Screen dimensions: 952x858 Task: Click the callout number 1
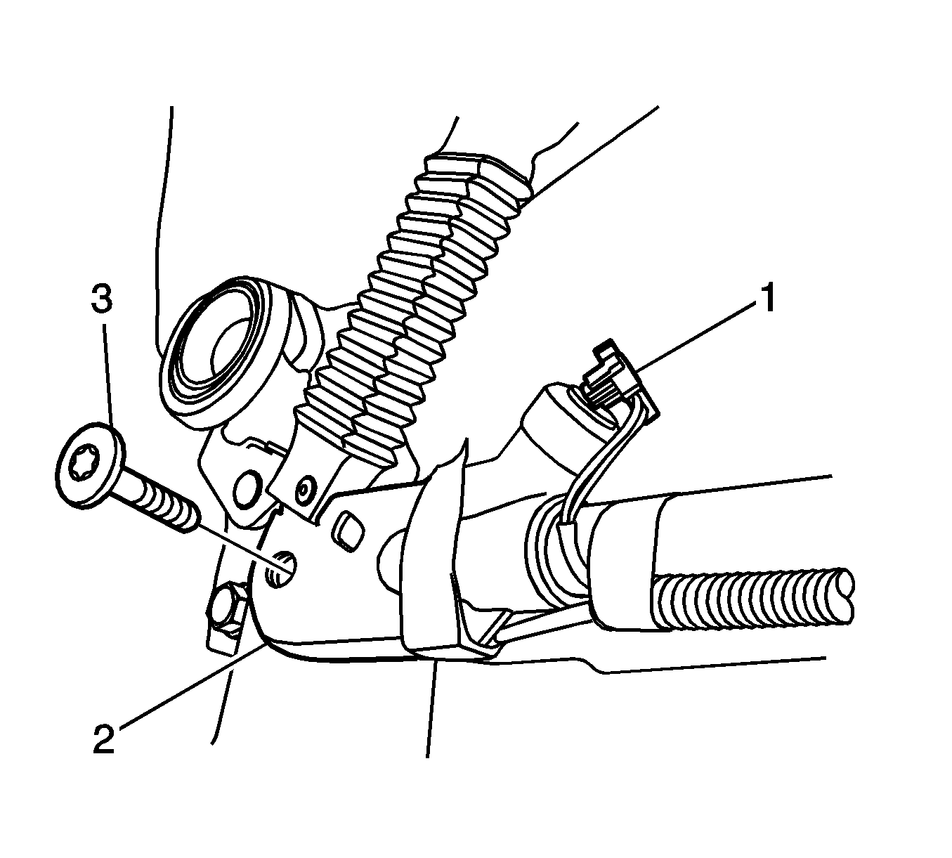tap(764, 298)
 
